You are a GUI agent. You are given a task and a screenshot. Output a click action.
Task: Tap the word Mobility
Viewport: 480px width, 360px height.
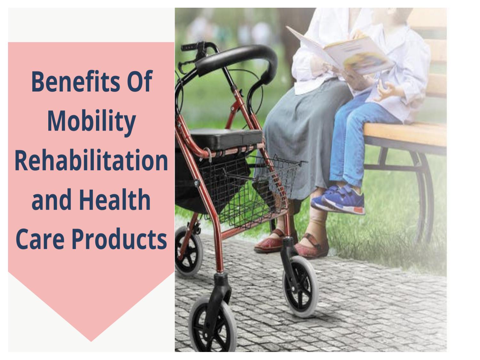[x=92, y=122]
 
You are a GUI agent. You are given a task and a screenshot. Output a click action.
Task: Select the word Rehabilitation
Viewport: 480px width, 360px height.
[x=92, y=161]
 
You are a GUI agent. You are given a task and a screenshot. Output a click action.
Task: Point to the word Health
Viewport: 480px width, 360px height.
[x=115, y=200]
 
